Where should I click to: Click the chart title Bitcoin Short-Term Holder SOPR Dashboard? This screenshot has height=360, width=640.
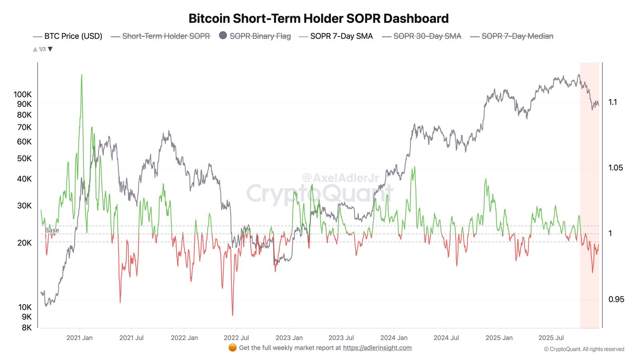pyautogui.click(x=318, y=18)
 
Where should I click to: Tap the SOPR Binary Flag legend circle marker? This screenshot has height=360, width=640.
pyautogui.click(x=223, y=36)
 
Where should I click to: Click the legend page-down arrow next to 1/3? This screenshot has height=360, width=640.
pyautogui.click(x=50, y=49)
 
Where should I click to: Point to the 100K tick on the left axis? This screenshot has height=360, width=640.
pyautogui.click(x=22, y=94)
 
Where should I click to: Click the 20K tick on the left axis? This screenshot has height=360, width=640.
pyautogui.click(x=24, y=243)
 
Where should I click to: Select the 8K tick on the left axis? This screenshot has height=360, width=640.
pyautogui.click(x=26, y=328)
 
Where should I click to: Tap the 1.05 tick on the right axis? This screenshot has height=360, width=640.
pyautogui.click(x=615, y=168)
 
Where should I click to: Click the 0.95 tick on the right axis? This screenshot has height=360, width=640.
pyautogui.click(x=616, y=299)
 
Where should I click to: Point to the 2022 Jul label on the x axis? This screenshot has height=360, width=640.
pyautogui.click(x=236, y=338)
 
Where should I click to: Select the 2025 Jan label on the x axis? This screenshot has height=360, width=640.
pyautogui.click(x=499, y=338)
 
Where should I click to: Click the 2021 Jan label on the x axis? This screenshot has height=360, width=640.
pyautogui.click(x=79, y=338)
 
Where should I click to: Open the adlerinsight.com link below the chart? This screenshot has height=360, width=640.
pyautogui.click(x=377, y=348)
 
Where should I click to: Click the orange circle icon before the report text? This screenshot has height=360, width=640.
pyautogui.click(x=232, y=348)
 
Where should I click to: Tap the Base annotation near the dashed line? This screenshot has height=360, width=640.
pyautogui.click(x=52, y=230)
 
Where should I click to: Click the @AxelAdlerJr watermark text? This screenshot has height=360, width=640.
pyautogui.click(x=340, y=178)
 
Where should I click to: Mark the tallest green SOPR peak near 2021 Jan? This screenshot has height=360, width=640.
pyautogui.click(x=82, y=76)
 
